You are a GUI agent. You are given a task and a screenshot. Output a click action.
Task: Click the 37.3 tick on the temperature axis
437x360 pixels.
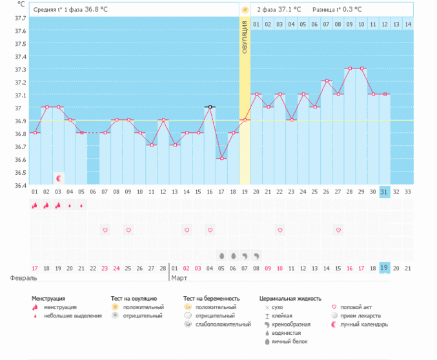[x=20, y=69]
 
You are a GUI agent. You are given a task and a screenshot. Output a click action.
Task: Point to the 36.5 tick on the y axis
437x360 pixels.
[x=20, y=172]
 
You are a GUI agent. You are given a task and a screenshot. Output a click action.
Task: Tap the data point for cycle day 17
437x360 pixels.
[x=221, y=159]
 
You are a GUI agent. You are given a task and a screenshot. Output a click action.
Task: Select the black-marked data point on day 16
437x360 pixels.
[x=210, y=107]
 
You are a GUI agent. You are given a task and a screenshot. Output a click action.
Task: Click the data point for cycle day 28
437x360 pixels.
[x=349, y=68]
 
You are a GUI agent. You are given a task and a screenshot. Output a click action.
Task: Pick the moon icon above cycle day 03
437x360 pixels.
[x=59, y=177]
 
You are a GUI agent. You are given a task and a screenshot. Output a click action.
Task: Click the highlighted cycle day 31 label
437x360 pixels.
[x=385, y=192]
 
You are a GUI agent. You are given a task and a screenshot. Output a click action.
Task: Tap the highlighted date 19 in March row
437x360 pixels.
[x=385, y=268]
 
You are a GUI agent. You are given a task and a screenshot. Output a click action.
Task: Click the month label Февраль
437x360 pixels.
[x=23, y=278]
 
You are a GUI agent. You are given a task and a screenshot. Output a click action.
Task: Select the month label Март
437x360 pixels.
[x=179, y=278]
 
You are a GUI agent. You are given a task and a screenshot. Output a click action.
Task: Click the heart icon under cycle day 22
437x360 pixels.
[x=279, y=230]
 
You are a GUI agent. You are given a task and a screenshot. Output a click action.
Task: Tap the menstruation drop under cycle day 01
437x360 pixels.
[x=35, y=205]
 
